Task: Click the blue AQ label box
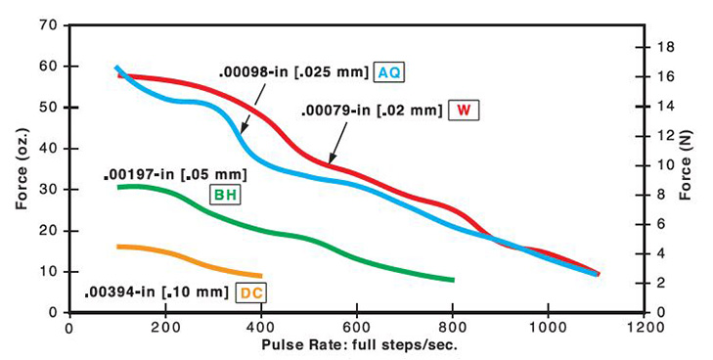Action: [389, 72]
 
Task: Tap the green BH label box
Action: [226, 195]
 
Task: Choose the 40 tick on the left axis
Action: [48, 148]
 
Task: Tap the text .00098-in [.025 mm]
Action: [293, 71]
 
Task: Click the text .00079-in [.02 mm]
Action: [372, 109]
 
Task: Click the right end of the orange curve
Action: [260, 276]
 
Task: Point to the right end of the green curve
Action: [453, 280]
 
